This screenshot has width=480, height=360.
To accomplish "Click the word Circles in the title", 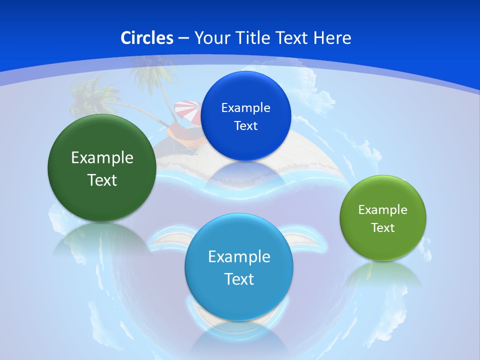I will click(x=147, y=38).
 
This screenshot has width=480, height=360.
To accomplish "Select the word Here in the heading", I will click(x=332, y=38).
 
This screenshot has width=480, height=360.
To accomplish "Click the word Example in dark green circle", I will click(x=102, y=158).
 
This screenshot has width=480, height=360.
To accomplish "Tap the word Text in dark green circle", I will click(x=102, y=180).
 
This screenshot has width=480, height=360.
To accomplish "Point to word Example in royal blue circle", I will click(x=246, y=108).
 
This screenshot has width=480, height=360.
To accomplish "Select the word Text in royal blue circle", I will click(x=246, y=126).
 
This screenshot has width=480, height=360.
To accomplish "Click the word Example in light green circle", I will click(x=382, y=210).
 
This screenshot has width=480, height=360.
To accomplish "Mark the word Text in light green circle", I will click(x=382, y=228).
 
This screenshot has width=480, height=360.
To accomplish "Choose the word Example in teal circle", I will click(x=239, y=257).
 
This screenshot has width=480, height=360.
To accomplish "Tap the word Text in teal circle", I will click(x=239, y=279).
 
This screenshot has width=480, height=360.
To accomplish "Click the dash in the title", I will click(x=183, y=38).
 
